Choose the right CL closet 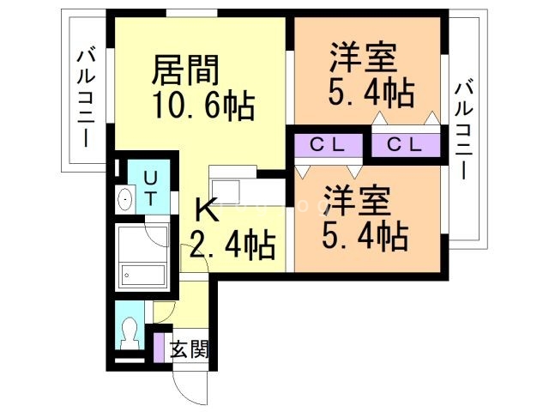pyautogui.click(x=404, y=144)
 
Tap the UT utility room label pyautogui.click(x=150, y=188)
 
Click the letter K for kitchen pyautogui.click(x=205, y=210)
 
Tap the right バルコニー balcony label pyautogui.click(x=463, y=129)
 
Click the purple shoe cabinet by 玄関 pyautogui.click(x=159, y=347)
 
